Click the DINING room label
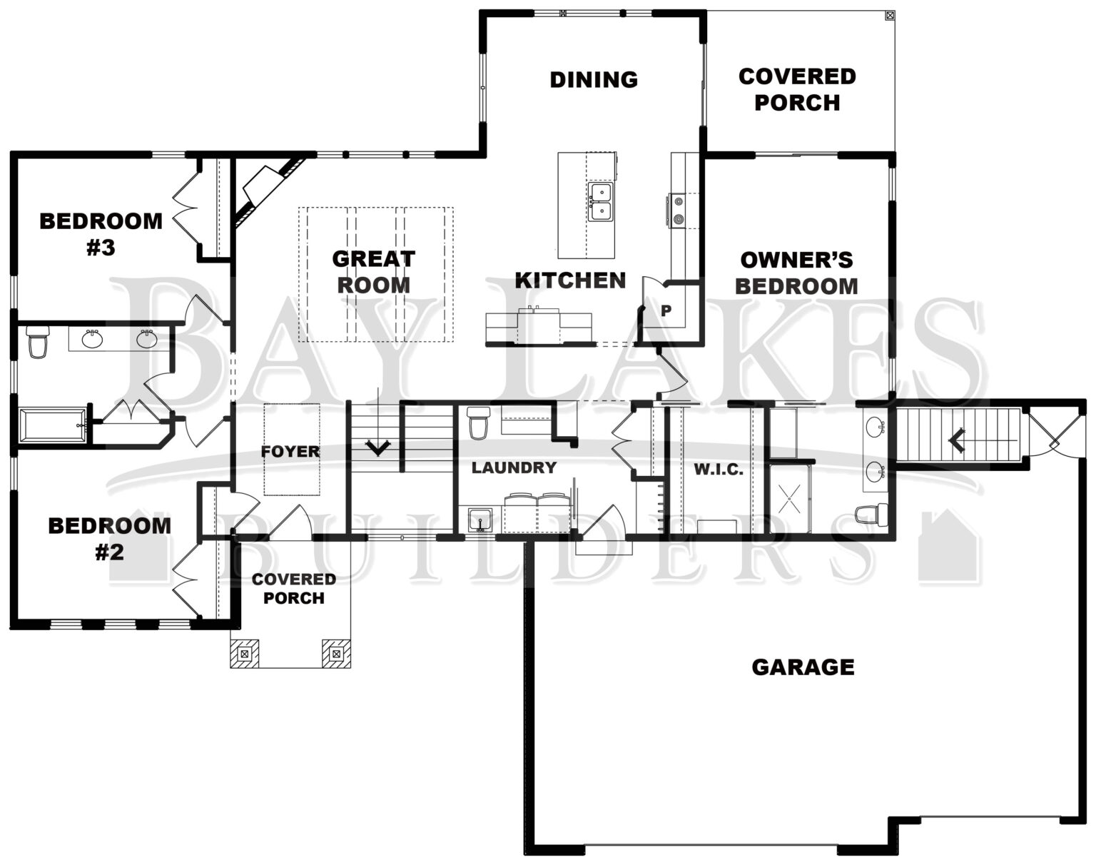pyautogui.click(x=594, y=79)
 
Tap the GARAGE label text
pyautogui.click(x=803, y=667)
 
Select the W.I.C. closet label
pyautogui.click(x=719, y=470)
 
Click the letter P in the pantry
pyautogui.click(x=666, y=310)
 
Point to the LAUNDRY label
pyautogui.click(x=514, y=468)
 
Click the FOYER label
pyautogui.click(x=290, y=451)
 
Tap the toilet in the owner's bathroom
pyautogui.click(x=873, y=514)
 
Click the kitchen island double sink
pyautogui.click(x=600, y=202)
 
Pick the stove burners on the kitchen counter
pyautogui.click(x=677, y=211)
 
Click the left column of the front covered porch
pyautogui.click(x=244, y=653)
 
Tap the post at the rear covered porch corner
pyautogui.click(x=889, y=15)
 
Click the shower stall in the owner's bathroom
pyautogui.click(x=790, y=497)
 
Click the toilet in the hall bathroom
pyautogui.click(x=36, y=342)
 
